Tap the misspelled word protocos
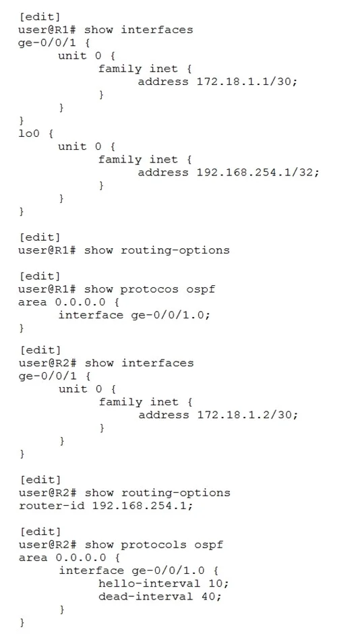point(150,290)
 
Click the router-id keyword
point(51,506)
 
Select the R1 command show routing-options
point(156,250)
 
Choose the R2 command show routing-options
point(157,493)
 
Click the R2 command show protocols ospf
point(154,545)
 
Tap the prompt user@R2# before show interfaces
point(47,363)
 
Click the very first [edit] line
point(39,17)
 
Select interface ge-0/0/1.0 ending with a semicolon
point(133,315)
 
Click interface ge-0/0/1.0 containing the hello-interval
point(131,571)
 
